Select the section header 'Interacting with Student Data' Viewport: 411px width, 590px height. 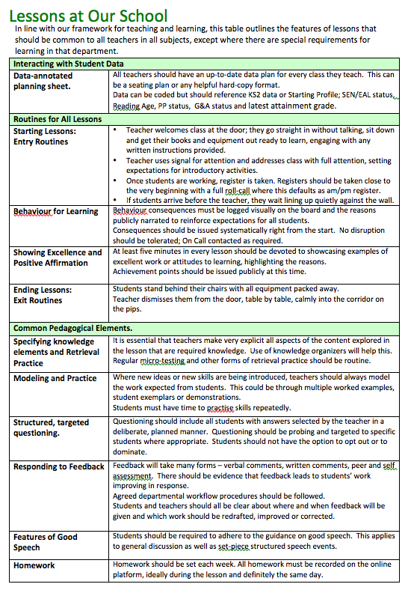click(x=69, y=64)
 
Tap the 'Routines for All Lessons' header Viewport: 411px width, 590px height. click(x=58, y=119)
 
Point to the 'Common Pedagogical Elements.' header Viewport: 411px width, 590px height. click(x=72, y=328)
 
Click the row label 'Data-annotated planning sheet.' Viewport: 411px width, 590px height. click(x=43, y=81)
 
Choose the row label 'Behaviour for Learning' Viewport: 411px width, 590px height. click(x=56, y=212)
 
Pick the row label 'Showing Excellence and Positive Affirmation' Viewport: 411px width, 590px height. click(x=58, y=258)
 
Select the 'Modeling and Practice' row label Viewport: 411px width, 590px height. click(x=55, y=379)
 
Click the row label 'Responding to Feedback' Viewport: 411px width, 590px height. click(x=59, y=466)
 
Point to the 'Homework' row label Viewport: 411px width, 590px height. click(x=34, y=566)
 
